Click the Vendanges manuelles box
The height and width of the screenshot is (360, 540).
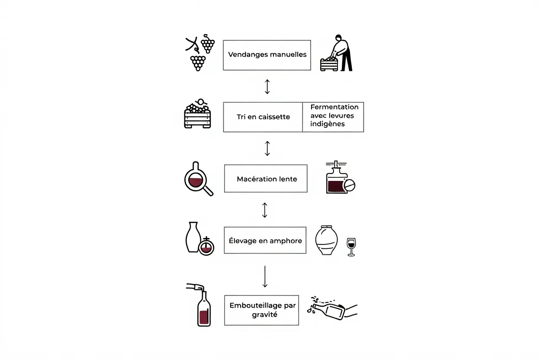(x=267, y=55)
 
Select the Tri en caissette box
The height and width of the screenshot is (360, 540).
(x=263, y=117)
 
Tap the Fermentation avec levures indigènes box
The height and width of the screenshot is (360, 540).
(x=333, y=117)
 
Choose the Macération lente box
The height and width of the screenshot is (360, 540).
(x=266, y=178)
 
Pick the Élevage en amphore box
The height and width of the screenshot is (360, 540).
(x=265, y=240)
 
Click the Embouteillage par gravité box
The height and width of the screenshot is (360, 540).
(x=261, y=310)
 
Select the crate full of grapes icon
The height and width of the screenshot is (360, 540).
(x=197, y=114)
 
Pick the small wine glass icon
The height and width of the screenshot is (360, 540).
(x=351, y=247)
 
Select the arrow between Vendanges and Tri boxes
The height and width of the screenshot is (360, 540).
(x=267, y=86)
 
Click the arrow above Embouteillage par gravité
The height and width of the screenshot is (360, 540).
(x=265, y=276)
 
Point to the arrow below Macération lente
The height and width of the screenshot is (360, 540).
(x=265, y=210)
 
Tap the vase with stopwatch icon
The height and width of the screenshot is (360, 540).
(x=199, y=239)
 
